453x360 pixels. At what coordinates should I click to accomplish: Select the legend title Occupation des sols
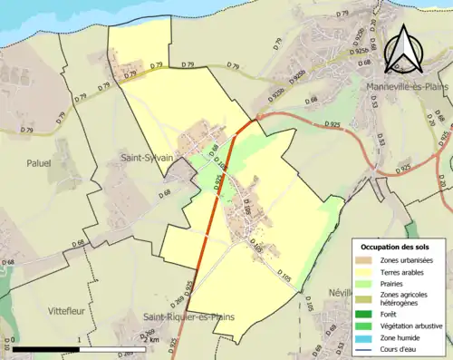click(396, 246)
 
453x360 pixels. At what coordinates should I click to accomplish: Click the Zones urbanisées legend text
click(408, 261)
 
